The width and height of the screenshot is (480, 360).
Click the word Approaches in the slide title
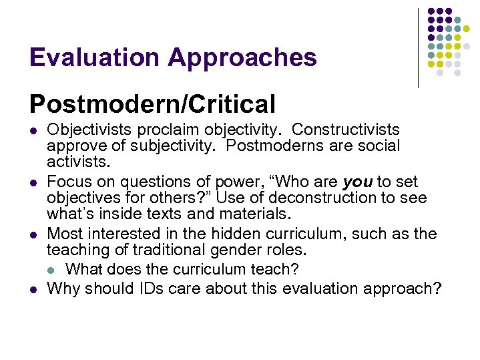pos(242,58)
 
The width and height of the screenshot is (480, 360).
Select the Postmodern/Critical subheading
pos(152,104)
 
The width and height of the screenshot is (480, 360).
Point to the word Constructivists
pos(346,129)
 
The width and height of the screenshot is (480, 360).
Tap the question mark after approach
pos(437,289)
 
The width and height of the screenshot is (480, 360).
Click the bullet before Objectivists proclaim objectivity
pos(33,130)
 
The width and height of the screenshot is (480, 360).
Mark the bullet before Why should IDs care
pos(33,289)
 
